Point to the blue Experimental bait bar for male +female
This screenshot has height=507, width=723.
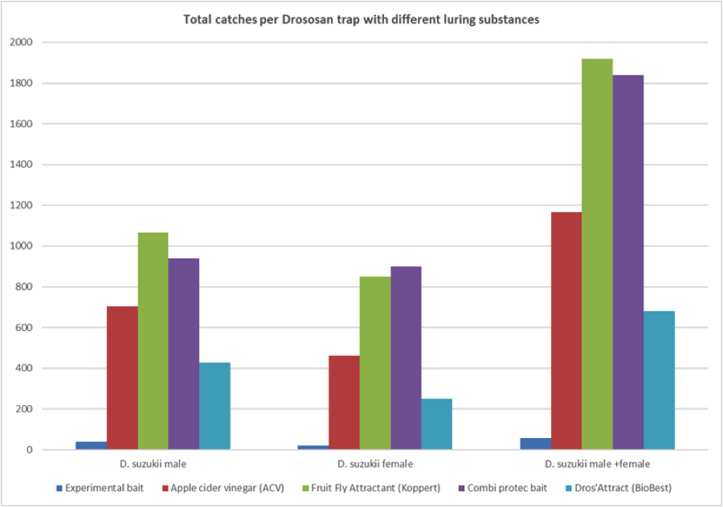535,444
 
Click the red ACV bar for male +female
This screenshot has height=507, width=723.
566,330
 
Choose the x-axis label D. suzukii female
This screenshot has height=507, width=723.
375,464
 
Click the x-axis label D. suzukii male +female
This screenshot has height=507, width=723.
597,464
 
